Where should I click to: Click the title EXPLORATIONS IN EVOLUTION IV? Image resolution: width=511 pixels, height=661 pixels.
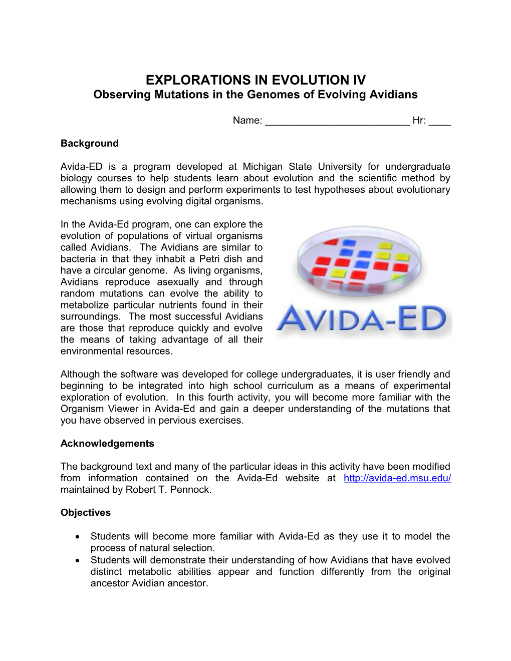(x=255, y=80)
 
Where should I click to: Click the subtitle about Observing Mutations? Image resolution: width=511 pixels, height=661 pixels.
(x=255, y=95)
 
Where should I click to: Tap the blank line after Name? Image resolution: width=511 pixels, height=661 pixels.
(x=337, y=121)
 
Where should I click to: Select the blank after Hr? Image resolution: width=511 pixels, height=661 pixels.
(x=440, y=121)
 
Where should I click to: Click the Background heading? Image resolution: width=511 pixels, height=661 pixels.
(x=90, y=143)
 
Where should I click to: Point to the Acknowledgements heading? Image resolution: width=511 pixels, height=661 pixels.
(x=107, y=443)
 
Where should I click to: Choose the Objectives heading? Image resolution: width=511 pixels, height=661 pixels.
(x=86, y=512)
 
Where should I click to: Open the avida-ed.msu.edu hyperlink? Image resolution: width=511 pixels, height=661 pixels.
(x=397, y=478)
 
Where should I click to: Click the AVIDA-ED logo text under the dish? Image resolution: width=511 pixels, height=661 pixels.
(x=361, y=318)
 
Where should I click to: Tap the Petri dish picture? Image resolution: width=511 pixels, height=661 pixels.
(x=359, y=263)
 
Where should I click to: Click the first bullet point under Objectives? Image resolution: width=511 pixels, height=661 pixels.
(x=78, y=537)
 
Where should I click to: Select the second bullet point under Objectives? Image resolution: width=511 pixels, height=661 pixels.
(x=78, y=560)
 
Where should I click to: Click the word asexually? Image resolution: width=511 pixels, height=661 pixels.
(x=178, y=281)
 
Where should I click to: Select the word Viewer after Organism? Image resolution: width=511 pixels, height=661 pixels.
(x=123, y=409)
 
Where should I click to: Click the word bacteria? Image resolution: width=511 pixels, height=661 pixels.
(x=78, y=258)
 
